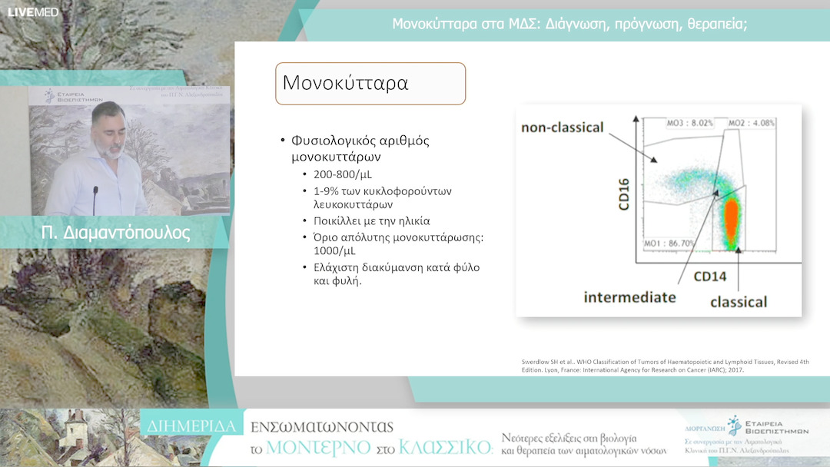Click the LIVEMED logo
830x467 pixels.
[22, 12]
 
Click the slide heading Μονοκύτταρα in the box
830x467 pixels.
[345, 83]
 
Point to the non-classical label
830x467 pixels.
[563, 128]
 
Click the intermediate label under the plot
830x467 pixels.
[629, 296]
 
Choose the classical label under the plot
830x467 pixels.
[739, 301]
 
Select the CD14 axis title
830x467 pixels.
[710, 275]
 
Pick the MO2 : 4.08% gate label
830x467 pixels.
[752, 122]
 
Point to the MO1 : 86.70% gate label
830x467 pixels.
[669, 243]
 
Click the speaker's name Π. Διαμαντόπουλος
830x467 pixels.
[116, 233]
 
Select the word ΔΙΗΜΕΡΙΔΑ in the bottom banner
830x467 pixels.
[192, 424]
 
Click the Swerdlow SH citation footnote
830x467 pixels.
[657, 365]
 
